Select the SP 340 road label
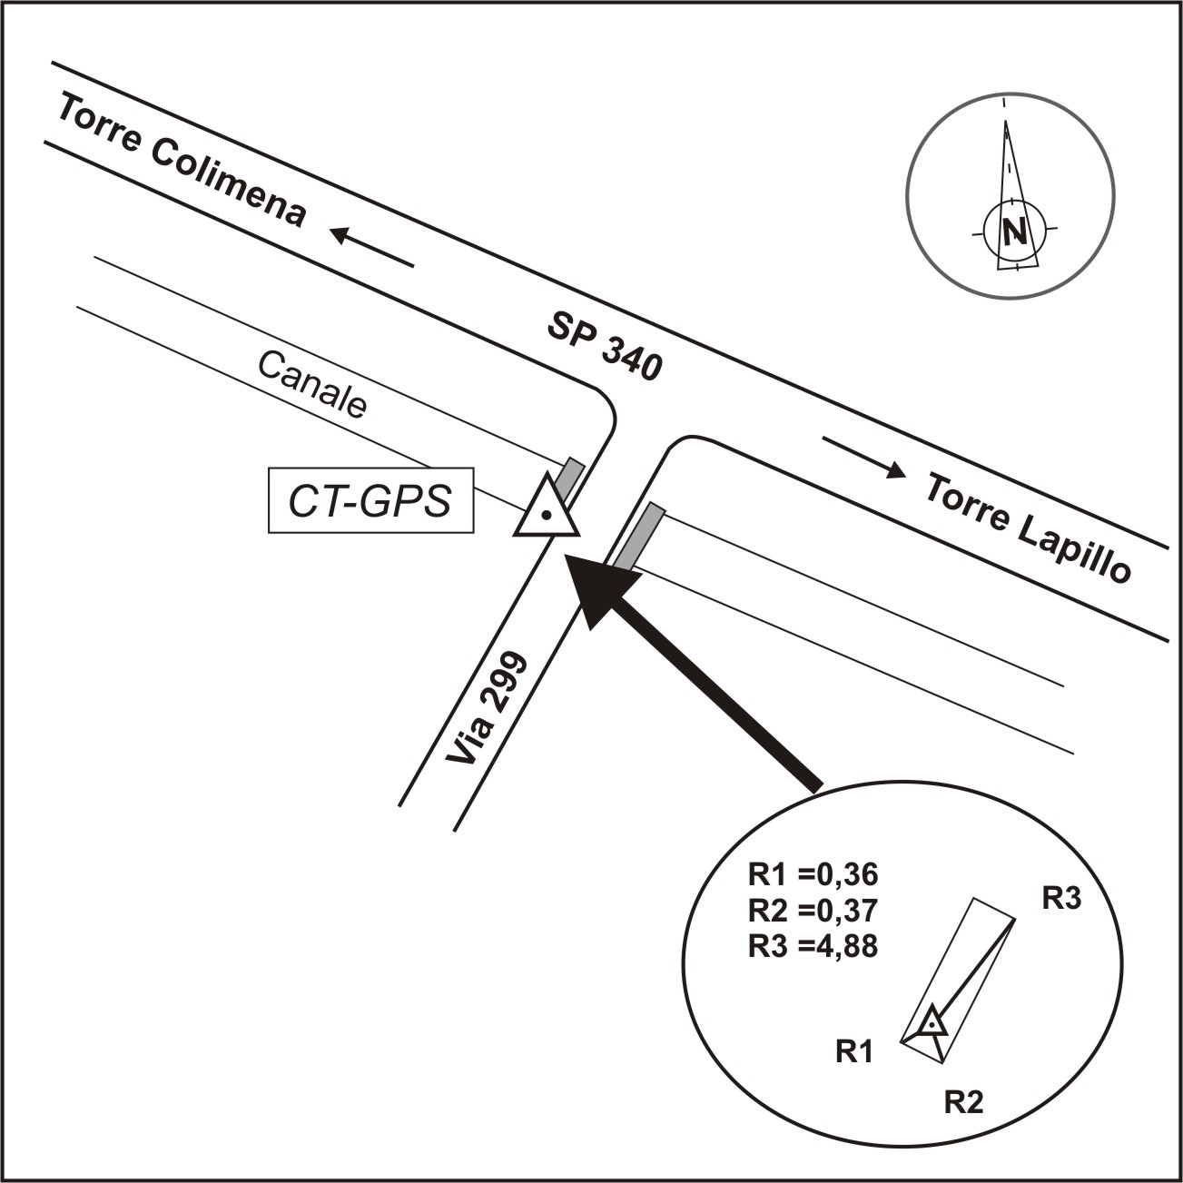(x=605, y=347)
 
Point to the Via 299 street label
(x=487, y=709)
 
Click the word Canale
(x=312, y=385)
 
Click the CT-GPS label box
(x=370, y=500)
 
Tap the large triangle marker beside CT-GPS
(x=547, y=506)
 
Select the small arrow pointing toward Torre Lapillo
(x=863, y=456)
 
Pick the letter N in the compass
(x=1015, y=232)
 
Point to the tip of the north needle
(x=1006, y=121)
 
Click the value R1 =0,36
(x=813, y=875)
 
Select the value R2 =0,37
(x=813, y=911)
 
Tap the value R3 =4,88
(x=813, y=946)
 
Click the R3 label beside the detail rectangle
(x=1062, y=899)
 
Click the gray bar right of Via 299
(x=638, y=537)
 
